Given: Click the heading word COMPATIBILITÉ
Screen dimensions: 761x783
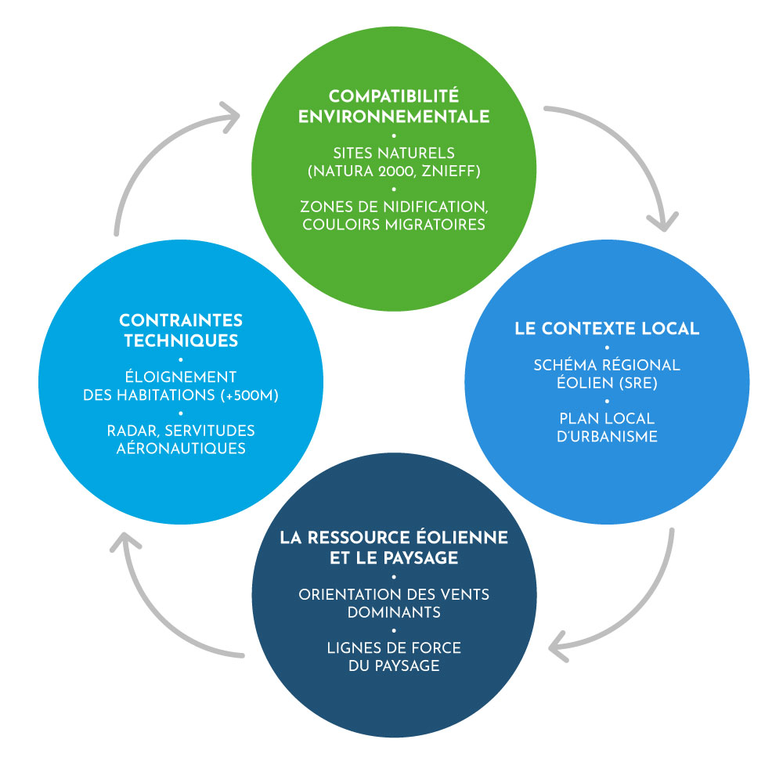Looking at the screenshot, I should pyautogui.click(x=394, y=96).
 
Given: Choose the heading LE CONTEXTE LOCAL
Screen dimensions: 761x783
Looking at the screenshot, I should pyautogui.click(x=607, y=328).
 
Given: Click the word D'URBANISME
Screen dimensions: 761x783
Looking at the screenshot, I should pyautogui.click(x=608, y=436).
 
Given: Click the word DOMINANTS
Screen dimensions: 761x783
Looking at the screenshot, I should pyautogui.click(x=394, y=611).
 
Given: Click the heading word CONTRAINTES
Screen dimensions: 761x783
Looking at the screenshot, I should pyautogui.click(x=181, y=320).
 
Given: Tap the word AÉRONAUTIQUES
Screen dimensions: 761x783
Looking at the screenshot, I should pyautogui.click(x=181, y=449).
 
